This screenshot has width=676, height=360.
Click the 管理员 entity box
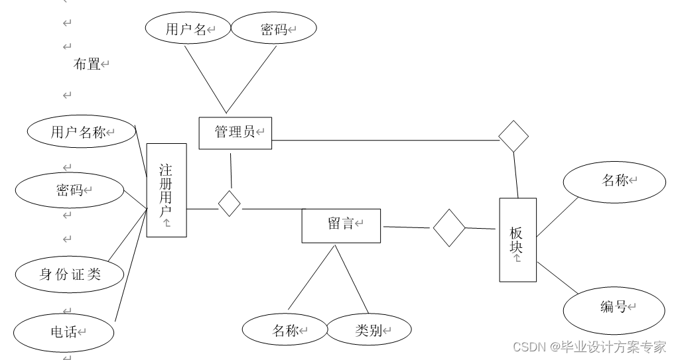(x=235, y=133)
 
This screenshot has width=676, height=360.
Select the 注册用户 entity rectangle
(x=166, y=190)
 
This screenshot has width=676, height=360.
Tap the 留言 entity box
(x=341, y=225)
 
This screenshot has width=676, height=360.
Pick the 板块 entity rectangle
(x=517, y=240)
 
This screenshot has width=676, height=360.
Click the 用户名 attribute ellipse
(x=188, y=29)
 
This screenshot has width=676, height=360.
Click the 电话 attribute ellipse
(x=65, y=331)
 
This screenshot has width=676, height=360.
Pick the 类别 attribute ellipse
(x=370, y=330)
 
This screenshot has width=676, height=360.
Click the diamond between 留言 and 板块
(x=449, y=228)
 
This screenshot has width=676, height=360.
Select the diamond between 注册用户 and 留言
(x=230, y=203)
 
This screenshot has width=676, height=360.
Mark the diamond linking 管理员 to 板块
(x=513, y=136)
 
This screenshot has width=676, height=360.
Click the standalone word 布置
(x=86, y=64)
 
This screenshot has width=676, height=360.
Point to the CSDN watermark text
(x=590, y=347)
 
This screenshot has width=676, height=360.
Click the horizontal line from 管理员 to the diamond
(x=385, y=140)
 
